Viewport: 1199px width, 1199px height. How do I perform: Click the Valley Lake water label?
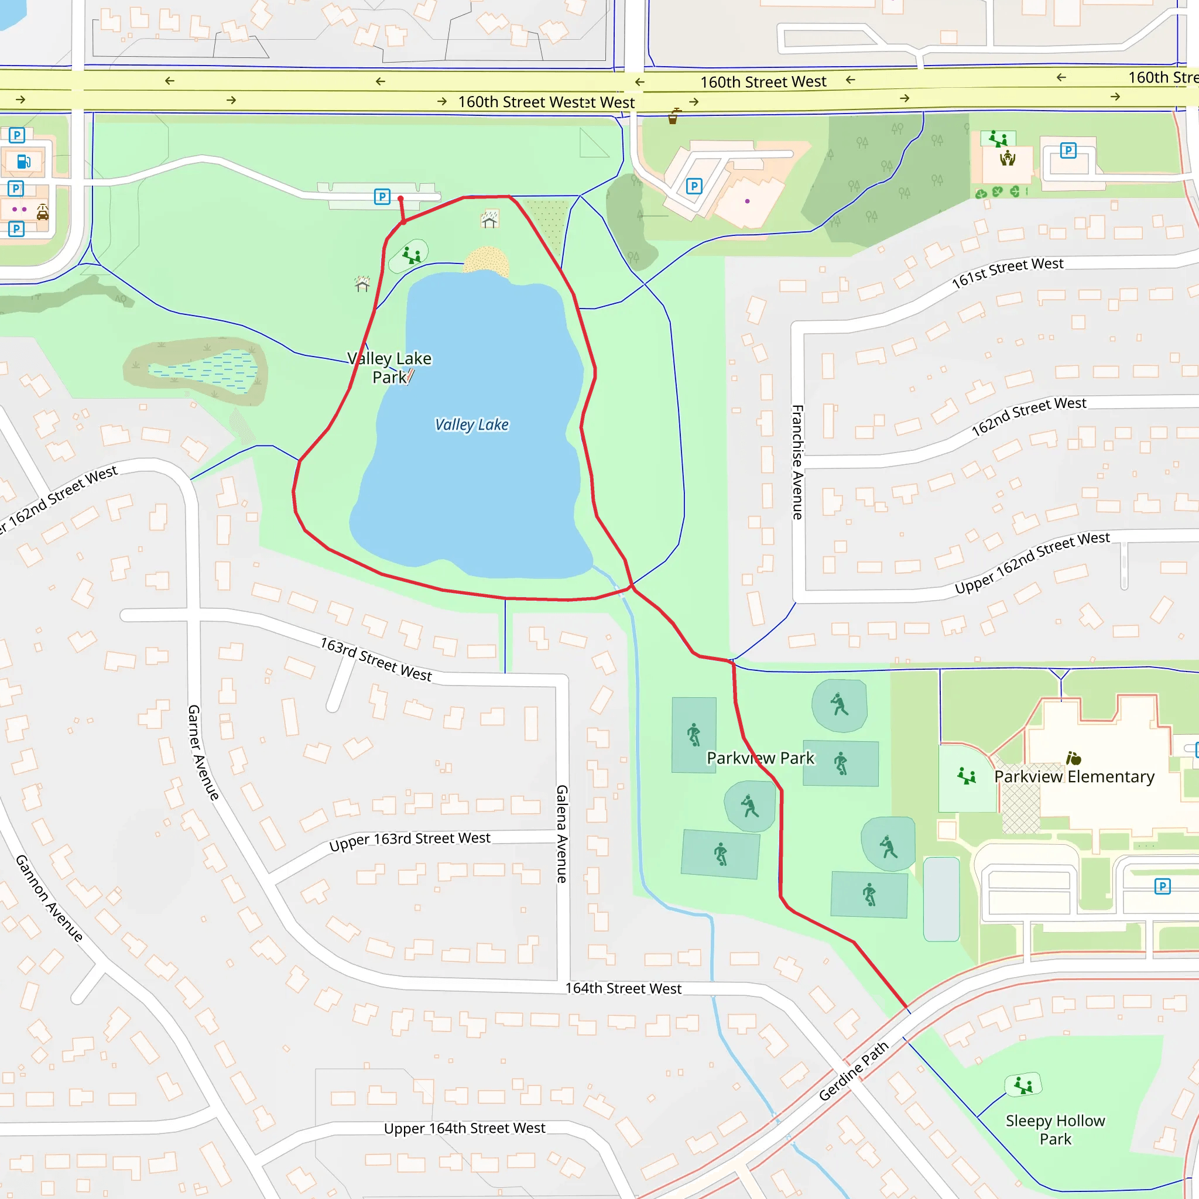pyautogui.click(x=472, y=424)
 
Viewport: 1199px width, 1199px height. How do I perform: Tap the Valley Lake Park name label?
pyautogui.click(x=389, y=368)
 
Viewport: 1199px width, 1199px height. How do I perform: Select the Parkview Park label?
pyautogui.click(x=760, y=758)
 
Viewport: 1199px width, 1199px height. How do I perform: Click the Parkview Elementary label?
pyautogui.click(x=1074, y=776)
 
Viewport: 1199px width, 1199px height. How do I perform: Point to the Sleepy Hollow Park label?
pyautogui.click(x=1055, y=1129)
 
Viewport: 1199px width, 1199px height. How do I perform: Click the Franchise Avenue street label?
pyautogui.click(x=797, y=462)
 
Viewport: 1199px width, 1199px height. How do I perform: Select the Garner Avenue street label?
pyautogui.click(x=204, y=752)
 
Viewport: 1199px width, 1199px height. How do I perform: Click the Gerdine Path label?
pyautogui.click(x=854, y=1071)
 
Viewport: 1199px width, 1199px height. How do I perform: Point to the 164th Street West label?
pyautogui.click(x=623, y=988)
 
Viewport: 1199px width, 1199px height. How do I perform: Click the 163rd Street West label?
pyautogui.click(x=376, y=660)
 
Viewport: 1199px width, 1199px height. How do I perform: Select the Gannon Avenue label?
pyautogui.click(x=49, y=898)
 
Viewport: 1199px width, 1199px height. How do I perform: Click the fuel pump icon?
pyautogui.click(x=23, y=162)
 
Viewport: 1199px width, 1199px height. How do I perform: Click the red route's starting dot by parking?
pyautogui.click(x=400, y=198)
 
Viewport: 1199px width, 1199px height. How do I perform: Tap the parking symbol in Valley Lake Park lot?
pyautogui.click(x=382, y=197)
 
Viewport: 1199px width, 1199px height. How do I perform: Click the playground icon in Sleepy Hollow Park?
pyautogui.click(x=1023, y=1085)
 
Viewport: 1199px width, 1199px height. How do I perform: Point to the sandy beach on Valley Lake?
pyautogui.click(x=487, y=260)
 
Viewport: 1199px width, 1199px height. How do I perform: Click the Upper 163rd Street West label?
pyautogui.click(x=410, y=841)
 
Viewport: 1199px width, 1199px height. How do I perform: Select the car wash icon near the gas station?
pyautogui.click(x=42, y=213)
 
